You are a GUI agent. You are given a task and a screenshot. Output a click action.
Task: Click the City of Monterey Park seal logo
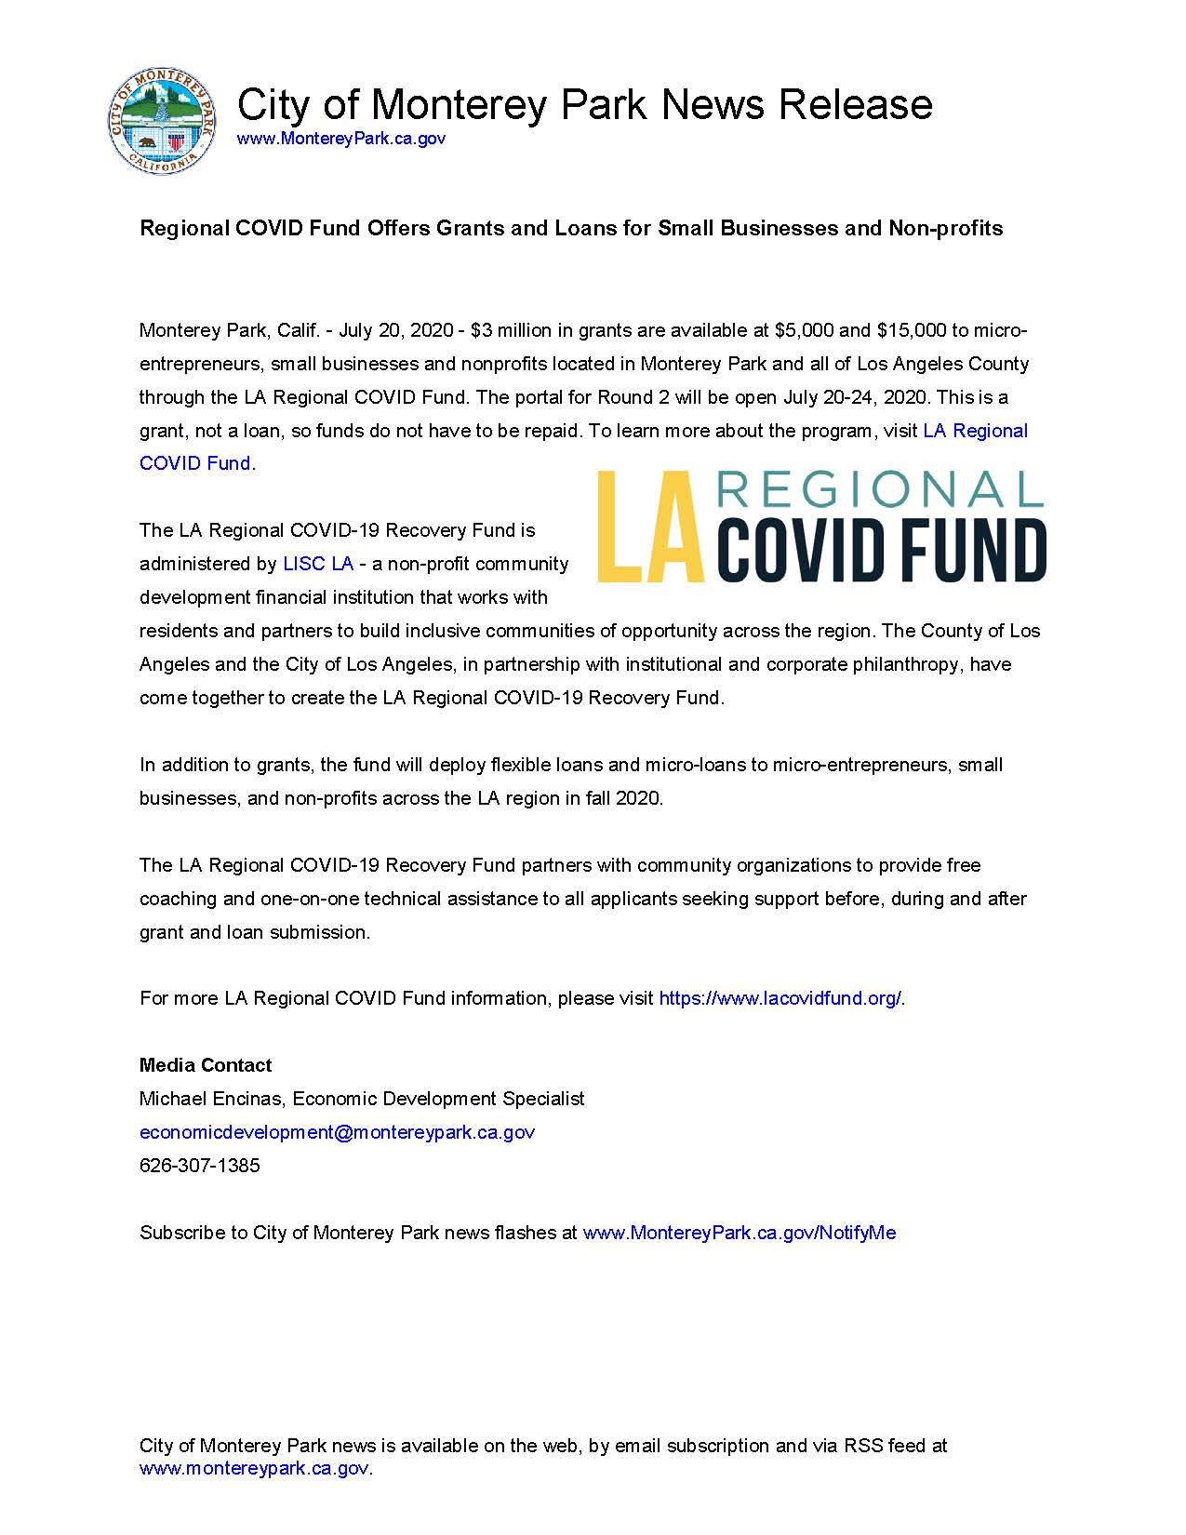pos(164,122)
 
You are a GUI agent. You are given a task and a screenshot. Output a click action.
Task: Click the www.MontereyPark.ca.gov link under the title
pos(340,139)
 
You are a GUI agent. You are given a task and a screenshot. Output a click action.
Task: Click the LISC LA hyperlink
pos(318,564)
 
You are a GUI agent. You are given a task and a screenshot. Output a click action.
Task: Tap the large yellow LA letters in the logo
pos(648,527)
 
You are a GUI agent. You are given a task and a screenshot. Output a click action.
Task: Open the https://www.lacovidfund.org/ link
pos(780,998)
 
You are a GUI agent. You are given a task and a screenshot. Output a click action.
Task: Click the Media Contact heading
pos(206,1065)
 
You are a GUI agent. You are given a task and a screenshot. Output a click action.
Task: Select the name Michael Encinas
pos(211,1099)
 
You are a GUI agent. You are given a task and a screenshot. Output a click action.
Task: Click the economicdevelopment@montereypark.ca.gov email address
pos(337,1132)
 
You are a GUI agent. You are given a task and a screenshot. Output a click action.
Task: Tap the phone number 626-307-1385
pos(200,1166)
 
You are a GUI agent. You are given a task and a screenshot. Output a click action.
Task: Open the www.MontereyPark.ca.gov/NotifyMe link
pos(739,1233)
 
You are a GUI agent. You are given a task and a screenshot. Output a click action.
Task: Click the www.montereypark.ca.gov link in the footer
pos(254,1469)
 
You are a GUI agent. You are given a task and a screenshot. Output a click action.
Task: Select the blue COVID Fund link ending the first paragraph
pos(195,463)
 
